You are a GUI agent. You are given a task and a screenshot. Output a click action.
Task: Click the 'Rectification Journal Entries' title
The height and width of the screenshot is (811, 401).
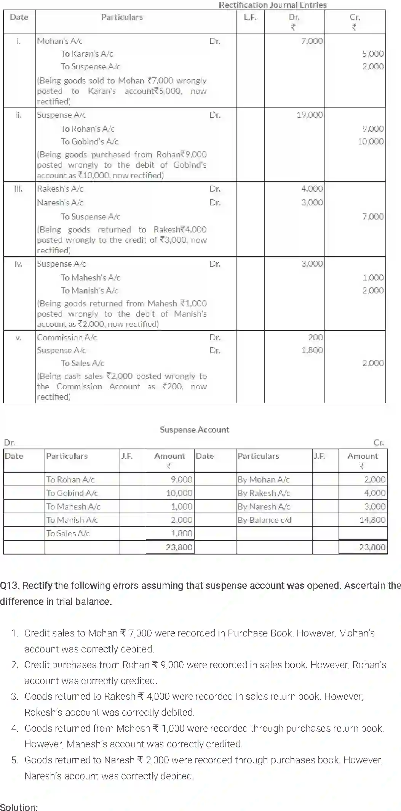(x=272, y=5)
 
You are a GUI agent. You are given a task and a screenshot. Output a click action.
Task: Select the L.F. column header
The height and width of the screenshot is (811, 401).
(x=250, y=17)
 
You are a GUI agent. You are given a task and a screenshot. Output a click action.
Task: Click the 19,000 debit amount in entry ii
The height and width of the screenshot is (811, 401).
(x=309, y=115)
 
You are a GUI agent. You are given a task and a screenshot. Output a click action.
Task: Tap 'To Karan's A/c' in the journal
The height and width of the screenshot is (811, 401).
(x=87, y=54)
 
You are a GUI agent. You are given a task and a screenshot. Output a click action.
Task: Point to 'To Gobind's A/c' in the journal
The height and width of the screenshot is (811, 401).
(x=89, y=141)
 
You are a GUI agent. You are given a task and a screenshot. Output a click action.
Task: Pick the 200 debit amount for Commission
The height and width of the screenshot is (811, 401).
(x=315, y=337)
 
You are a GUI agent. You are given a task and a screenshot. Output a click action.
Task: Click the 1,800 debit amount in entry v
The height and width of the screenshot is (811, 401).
(x=312, y=350)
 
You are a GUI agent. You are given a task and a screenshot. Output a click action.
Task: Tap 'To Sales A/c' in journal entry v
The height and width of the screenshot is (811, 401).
(x=82, y=363)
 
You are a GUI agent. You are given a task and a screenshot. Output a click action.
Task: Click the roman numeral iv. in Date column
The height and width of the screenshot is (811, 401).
(x=18, y=264)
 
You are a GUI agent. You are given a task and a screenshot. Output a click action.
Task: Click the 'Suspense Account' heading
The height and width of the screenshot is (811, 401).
(x=194, y=430)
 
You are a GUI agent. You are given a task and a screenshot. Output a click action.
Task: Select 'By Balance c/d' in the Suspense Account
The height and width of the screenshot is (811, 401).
(x=264, y=520)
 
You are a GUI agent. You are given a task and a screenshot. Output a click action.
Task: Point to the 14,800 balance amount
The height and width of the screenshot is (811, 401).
(x=372, y=520)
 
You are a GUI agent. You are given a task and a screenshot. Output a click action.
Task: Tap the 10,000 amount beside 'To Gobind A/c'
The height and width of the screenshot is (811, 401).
(x=179, y=493)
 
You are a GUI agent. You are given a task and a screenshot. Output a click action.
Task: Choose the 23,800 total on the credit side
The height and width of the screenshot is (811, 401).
(x=372, y=547)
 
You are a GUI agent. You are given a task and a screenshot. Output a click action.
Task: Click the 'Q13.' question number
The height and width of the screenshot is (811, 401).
(x=10, y=585)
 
